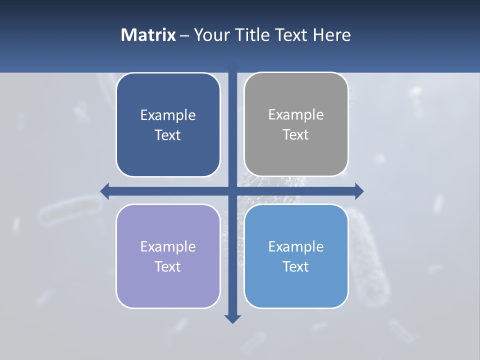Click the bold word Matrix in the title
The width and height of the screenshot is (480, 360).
[148, 35]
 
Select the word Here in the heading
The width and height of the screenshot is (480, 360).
[331, 35]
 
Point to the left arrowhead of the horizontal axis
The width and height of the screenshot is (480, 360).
[104, 191]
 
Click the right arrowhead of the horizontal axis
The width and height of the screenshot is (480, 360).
[359, 191]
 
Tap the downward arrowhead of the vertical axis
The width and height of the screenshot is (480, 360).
[232, 319]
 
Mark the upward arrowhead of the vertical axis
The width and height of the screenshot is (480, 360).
[232, 66]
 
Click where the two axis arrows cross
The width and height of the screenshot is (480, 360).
[232, 191]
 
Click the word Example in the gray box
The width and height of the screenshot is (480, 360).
[296, 114]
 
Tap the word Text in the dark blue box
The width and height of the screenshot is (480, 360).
[168, 135]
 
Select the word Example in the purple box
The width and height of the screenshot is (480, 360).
[168, 246]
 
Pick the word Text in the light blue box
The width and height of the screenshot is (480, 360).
[296, 266]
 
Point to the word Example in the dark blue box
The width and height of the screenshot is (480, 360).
[168, 115]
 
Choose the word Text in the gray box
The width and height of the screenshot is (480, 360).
[296, 134]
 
